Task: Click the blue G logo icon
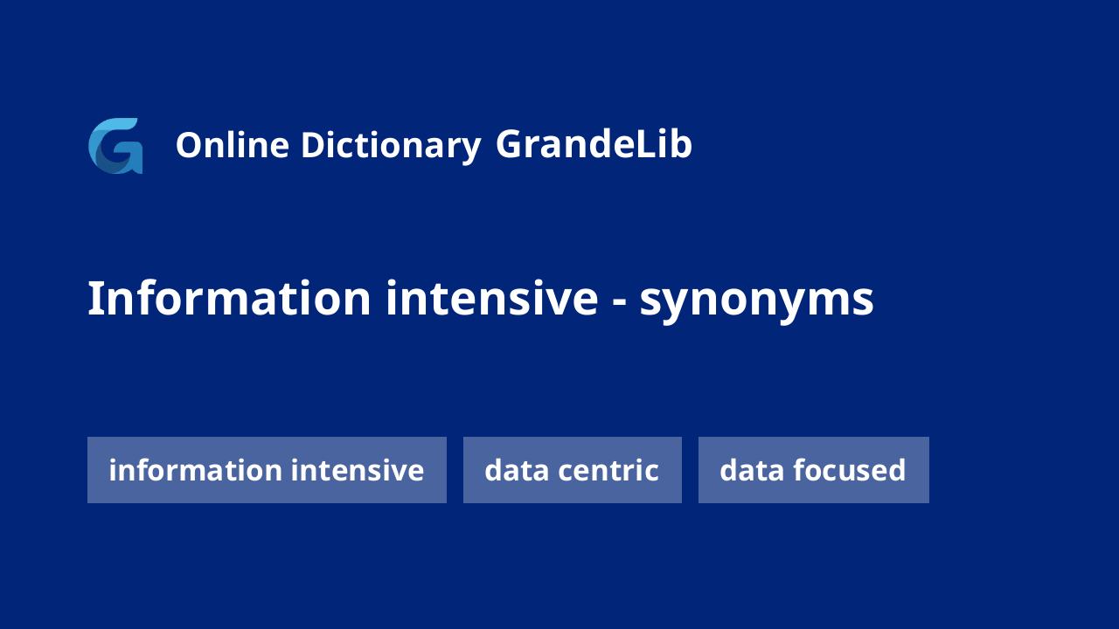(x=115, y=146)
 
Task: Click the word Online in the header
(x=233, y=145)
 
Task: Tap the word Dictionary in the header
(x=391, y=146)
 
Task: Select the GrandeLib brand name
(x=594, y=144)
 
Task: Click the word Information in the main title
(x=229, y=299)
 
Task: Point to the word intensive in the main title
(x=492, y=299)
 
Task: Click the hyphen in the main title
(x=619, y=302)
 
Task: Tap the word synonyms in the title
(x=757, y=302)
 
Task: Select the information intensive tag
(x=267, y=470)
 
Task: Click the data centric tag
(x=573, y=470)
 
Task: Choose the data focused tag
(x=814, y=470)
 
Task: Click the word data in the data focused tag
(x=753, y=470)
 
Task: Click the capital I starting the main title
(x=93, y=299)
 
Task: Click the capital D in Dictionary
(x=313, y=145)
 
